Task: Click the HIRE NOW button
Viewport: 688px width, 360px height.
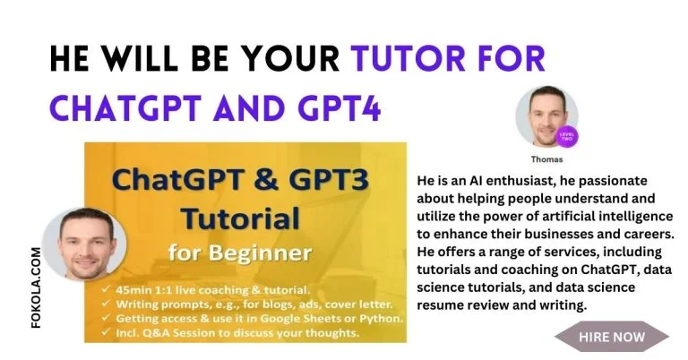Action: pos(612,337)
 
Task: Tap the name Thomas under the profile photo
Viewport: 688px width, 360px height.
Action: pos(546,159)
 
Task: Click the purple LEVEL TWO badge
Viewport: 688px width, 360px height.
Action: pos(567,136)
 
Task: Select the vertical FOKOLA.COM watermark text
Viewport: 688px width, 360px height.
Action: pos(37,287)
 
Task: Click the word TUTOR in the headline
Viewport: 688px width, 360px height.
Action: pos(408,58)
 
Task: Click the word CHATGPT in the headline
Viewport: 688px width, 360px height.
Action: pos(125,107)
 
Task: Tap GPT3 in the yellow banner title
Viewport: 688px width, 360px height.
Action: pos(334,180)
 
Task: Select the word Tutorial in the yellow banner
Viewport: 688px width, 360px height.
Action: pos(240,219)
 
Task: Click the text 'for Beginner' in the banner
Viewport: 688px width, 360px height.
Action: pos(240,253)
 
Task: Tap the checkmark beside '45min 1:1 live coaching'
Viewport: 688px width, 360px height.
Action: pos(106,289)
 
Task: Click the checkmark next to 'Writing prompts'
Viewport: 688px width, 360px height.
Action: pos(106,304)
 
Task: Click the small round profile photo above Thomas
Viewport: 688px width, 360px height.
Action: pos(546,116)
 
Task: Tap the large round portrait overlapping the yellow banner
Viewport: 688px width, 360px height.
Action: pos(84,244)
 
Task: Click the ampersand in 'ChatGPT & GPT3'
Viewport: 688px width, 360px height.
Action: pos(266,180)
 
